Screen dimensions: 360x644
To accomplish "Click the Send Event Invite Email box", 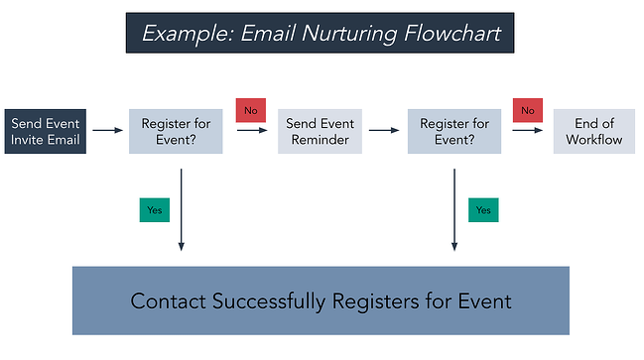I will (47, 132).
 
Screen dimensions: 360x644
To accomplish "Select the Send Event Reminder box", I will (320, 132).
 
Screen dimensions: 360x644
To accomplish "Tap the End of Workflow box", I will (593, 132).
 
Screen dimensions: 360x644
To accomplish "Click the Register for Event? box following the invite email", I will (176, 132).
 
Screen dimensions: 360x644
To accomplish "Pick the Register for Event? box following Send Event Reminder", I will (454, 132).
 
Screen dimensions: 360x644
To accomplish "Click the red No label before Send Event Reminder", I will (250, 109).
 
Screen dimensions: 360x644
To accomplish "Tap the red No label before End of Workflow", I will (527, 109).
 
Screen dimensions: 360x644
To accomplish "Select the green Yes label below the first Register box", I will (156, 209).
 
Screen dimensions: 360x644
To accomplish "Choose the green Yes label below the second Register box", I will (483, 209).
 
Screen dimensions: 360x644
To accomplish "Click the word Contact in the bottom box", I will (167, 300).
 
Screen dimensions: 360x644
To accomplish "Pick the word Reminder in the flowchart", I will (320, 140).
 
